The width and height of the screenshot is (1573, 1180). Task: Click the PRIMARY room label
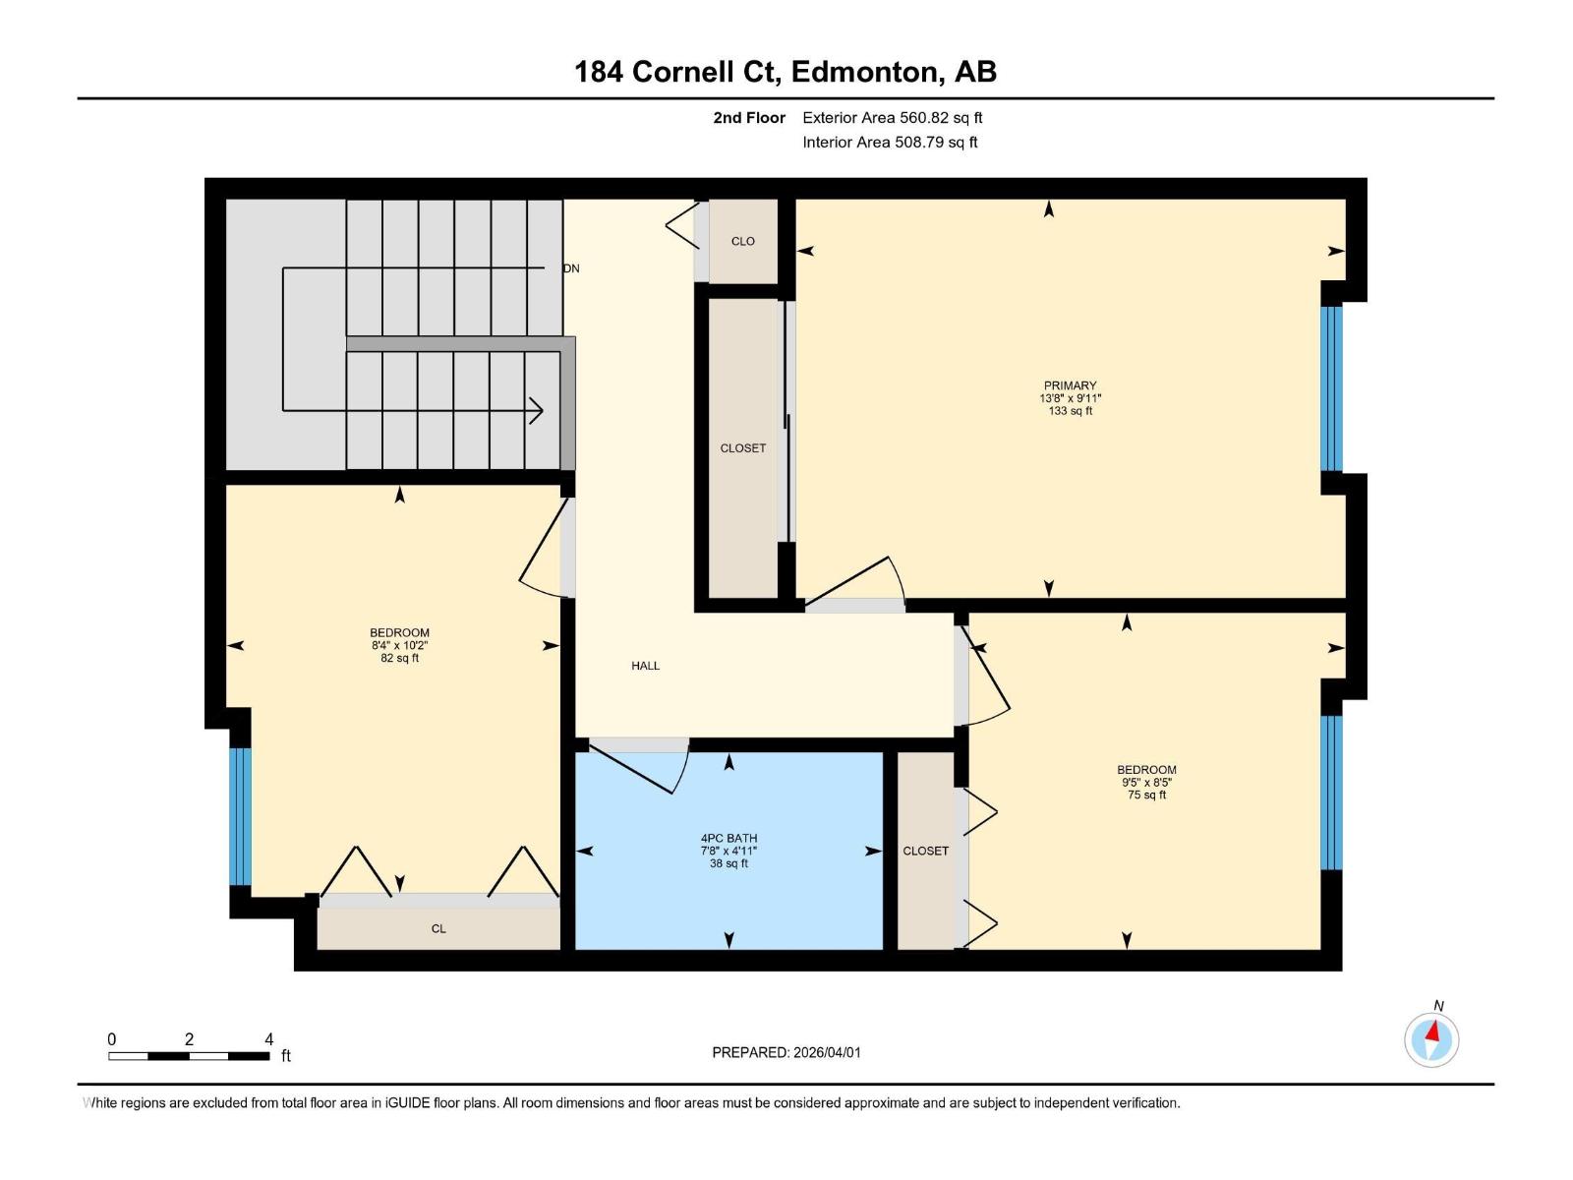coord(1070,385)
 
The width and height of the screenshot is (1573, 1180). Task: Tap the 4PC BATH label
coord(728,839)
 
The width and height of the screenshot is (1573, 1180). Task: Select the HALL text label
coord(645,666)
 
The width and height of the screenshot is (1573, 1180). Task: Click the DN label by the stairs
coord(571,268)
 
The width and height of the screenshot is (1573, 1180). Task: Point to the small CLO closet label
coord(742,241)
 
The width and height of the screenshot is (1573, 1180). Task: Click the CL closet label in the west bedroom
coord(438,928)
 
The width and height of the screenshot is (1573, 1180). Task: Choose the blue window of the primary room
coord(1331,388)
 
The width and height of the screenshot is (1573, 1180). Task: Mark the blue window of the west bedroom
coord(240,816)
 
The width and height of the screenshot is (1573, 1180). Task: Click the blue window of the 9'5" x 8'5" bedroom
coord(1331,793)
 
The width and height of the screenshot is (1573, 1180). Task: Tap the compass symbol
coord(1431,1039)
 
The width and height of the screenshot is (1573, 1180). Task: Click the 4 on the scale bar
coord(269,1039)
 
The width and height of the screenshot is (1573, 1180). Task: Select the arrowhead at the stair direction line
coord(537,410)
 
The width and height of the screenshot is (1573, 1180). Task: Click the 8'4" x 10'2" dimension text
coord(399,646)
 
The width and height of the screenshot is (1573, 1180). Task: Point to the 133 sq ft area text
coord(1070,411)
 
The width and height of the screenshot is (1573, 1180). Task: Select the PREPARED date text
coord(786,1052)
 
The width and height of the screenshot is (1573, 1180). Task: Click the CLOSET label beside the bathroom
coord(925,851)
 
